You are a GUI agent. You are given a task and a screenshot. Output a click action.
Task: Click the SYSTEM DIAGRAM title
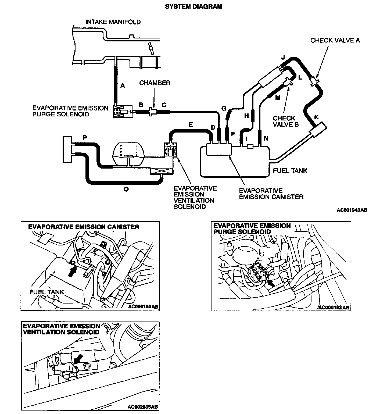193,6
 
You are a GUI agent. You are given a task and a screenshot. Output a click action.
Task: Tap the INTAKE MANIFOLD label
113,22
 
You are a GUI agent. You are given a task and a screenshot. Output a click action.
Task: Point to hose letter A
123,85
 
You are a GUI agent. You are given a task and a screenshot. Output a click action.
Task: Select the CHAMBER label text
155,83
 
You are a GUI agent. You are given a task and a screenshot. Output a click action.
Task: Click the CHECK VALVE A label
335,40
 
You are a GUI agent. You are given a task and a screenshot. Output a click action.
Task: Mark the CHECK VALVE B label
285,121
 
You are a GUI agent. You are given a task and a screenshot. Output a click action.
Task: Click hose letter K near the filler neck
316,117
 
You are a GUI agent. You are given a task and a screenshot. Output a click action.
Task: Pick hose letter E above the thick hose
191,124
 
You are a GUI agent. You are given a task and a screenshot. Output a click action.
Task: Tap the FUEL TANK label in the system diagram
290,171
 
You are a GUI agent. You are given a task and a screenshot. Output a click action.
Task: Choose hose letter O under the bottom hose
126,189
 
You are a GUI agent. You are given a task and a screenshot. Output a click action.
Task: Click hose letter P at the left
85,138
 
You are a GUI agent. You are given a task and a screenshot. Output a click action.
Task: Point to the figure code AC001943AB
352,210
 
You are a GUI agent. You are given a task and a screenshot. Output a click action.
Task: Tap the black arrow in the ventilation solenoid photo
77,359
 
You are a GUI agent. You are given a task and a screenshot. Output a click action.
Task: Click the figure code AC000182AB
334,307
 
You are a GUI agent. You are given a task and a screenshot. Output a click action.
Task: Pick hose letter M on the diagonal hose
278,98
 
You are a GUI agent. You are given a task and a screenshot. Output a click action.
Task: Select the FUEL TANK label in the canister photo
46,292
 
